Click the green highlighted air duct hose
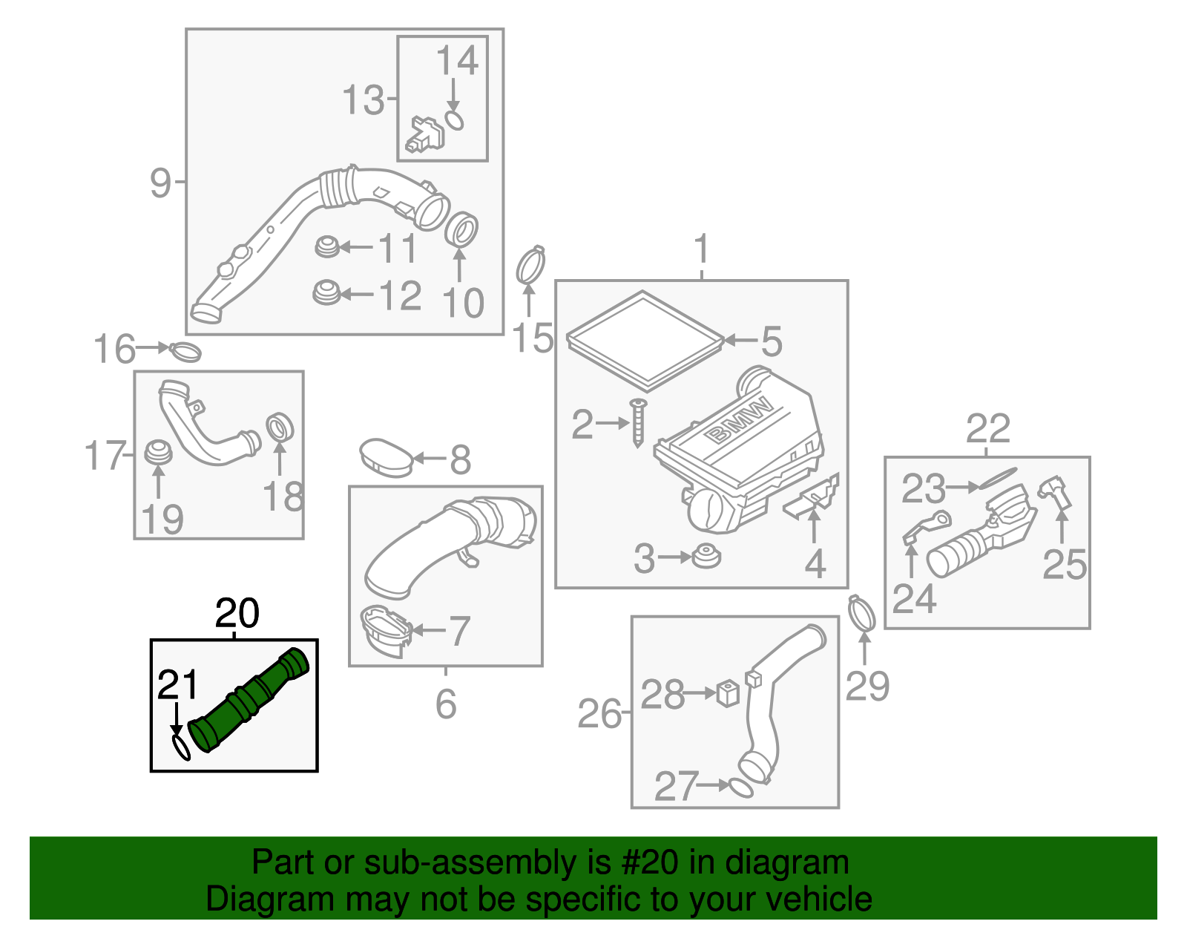(x=249, y=701)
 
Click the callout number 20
(x=237, y=614)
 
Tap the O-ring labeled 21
(x=181, y=747)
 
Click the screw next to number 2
(x=638, y=424)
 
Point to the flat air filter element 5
(x=644, y=341)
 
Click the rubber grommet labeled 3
(x=706, y=557)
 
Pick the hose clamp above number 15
(x=530, y=266)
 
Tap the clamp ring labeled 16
(x=185, y=351)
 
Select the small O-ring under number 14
(x=455, y=121)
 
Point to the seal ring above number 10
(x=461, y=229)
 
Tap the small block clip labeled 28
(x=729, y=694)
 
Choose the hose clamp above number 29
(x=861, y=615)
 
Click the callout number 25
(x=1064, y=565)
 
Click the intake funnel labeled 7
(x=384, y=632)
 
